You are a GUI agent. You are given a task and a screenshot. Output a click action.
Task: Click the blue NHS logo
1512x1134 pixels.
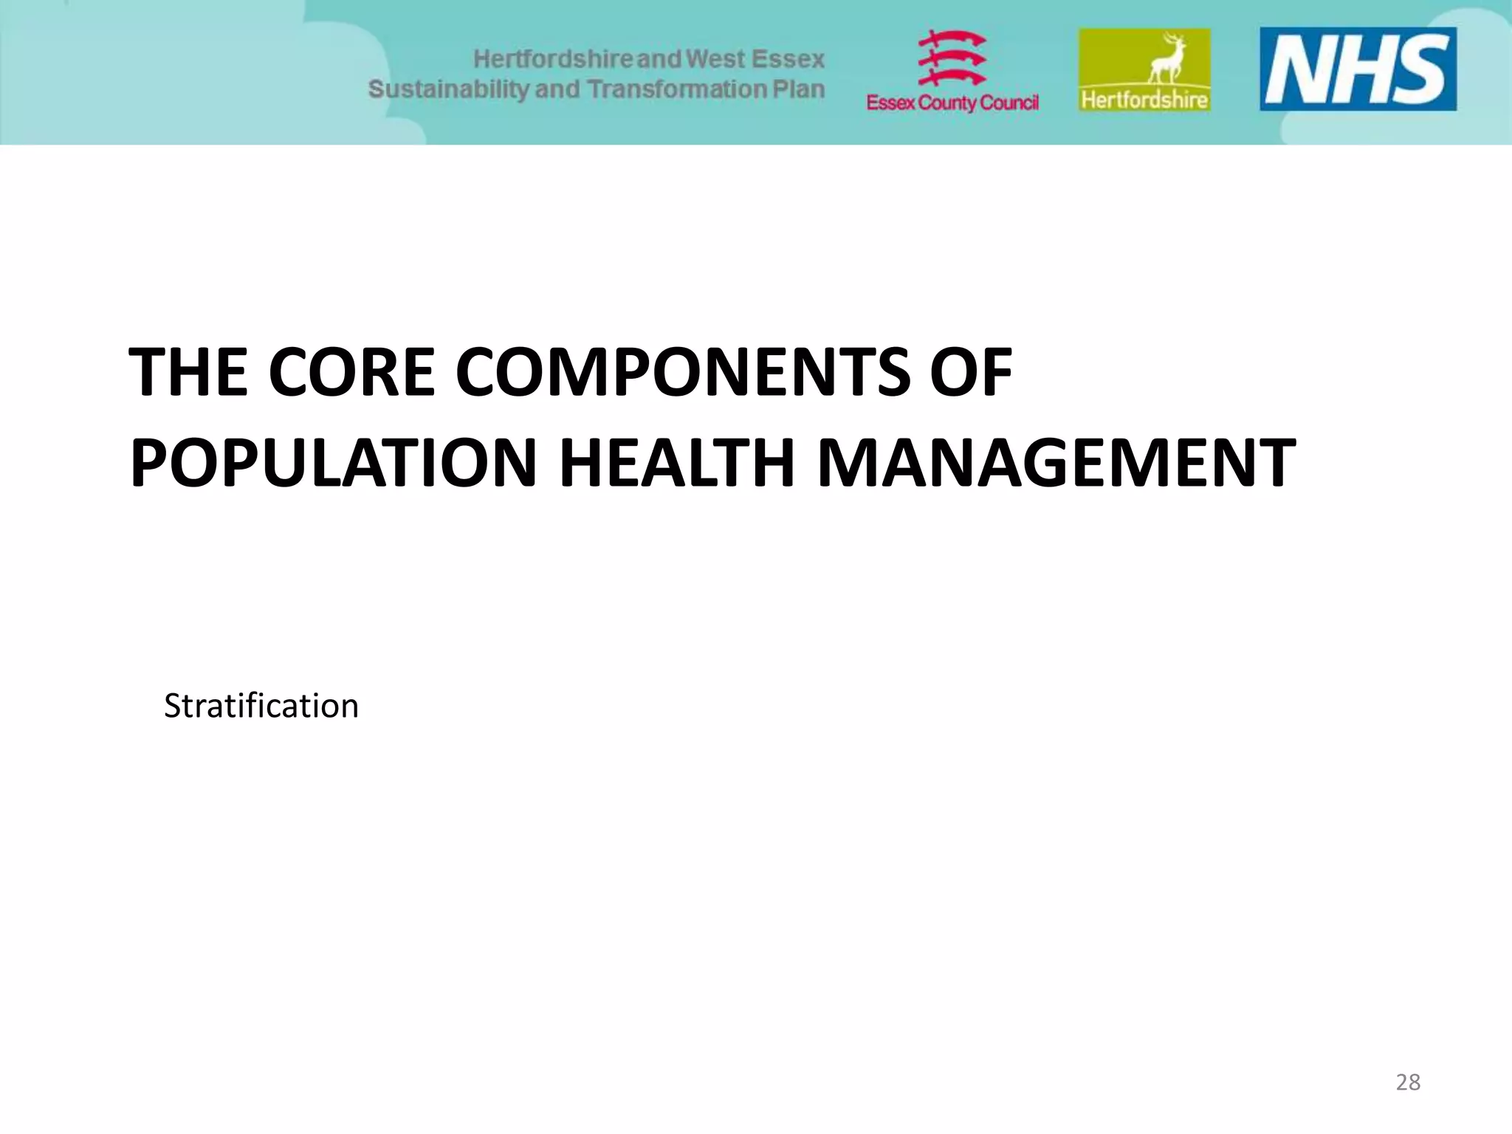pyautogui.click(x=1358, y=69)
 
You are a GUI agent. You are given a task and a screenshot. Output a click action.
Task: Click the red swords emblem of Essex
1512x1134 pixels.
pyautogui.click(x=952, y=58)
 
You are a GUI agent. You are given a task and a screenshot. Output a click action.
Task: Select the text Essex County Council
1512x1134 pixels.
pyautogui.click(x=952, y=103)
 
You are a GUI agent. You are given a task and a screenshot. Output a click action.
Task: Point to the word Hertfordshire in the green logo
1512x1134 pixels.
pyautogui.click(x=1144, y=100)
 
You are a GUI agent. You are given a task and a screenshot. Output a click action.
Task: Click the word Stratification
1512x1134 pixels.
pyautogui.click(x=261, y=706)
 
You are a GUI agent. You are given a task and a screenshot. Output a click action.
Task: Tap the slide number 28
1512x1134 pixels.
pyautogui.click(x=1408, y=1082)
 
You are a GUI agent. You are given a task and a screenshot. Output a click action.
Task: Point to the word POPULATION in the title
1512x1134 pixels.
pyautogui.click(x=333, y=463)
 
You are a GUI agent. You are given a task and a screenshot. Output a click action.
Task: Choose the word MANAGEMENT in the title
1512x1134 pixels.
pyautogui.click(x=1056, y=463)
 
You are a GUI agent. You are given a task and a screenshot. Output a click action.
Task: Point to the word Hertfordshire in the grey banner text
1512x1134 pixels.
pyautogui.click(x=553, y=59)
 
